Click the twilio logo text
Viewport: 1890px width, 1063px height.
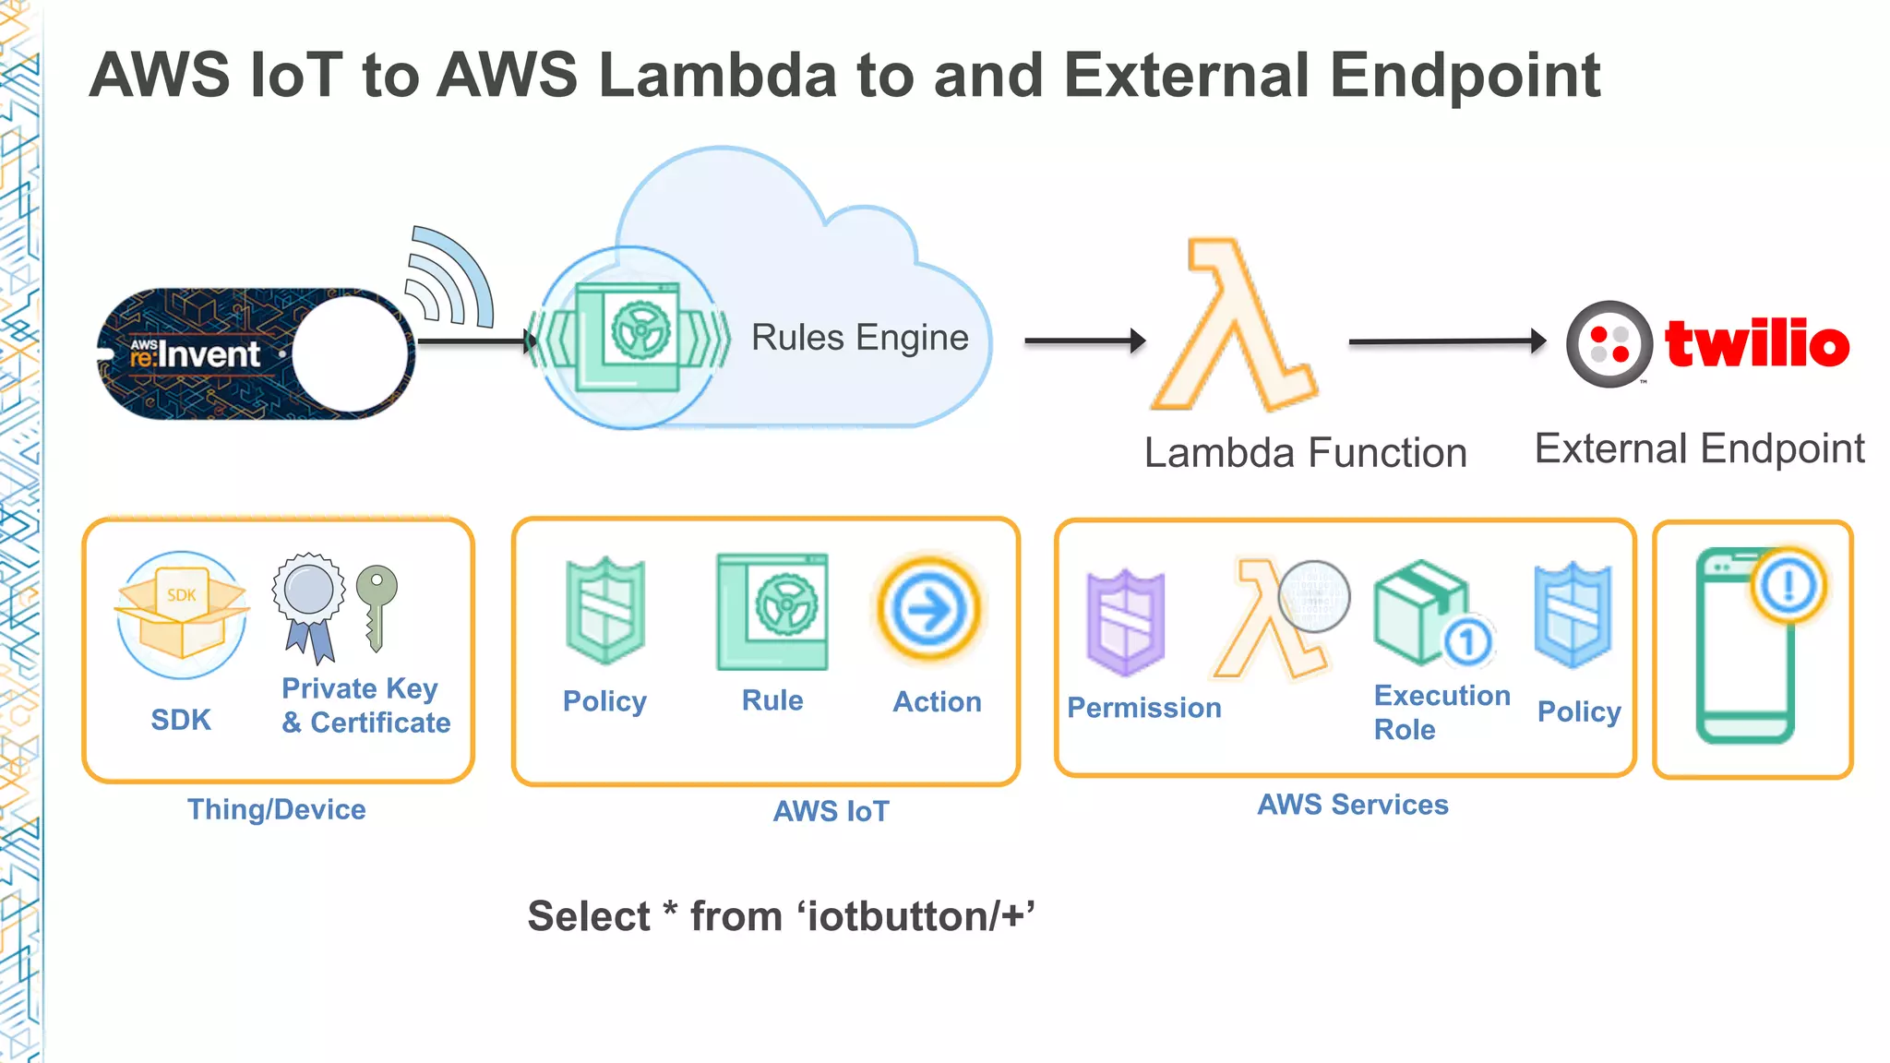pos(1756,343)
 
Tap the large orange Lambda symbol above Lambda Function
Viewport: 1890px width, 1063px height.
pos(1233,328)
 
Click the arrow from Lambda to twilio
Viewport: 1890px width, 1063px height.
pos(1445,341)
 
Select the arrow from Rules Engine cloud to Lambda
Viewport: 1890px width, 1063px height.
pos(1083,341)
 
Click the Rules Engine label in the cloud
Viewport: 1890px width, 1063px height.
pos(859,338)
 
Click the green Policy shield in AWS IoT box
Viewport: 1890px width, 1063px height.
pos(605,611)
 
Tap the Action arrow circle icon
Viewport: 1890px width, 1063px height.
pos(928,610)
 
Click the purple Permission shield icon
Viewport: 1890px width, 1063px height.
pos(1125,623)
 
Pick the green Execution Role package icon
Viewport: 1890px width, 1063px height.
pos(1419,611)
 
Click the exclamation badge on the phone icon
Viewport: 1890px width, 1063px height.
pos(1788,585)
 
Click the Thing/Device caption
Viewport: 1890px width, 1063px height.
pos(277,809)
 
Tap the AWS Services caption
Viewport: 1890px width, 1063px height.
pos(1353,805)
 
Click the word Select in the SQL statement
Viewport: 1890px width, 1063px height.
pos(589,916)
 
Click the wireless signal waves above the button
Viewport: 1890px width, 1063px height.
pos(450,277)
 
